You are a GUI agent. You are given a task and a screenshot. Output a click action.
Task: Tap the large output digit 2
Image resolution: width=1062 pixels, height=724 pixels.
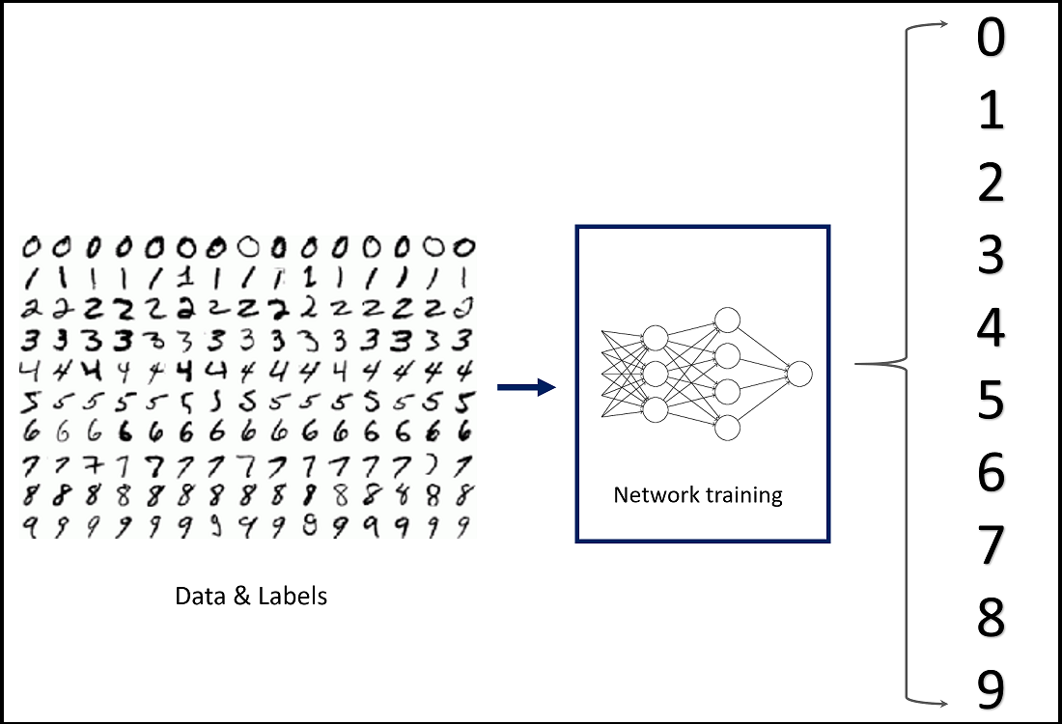click(991, 182)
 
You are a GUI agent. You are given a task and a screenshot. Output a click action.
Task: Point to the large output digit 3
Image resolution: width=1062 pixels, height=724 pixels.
click(991, 255)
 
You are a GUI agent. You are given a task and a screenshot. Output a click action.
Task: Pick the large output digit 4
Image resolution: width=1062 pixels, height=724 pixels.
click(991, 328)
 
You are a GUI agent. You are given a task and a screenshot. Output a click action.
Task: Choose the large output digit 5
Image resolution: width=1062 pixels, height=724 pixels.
click(991, 401)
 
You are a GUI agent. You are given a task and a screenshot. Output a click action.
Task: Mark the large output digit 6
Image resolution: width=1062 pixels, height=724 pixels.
click(991, 473)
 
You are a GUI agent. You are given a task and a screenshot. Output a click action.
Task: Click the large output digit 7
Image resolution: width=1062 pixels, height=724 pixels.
click(991, 545)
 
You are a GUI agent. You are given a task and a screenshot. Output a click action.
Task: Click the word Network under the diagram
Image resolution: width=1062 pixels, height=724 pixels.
click(657, 495)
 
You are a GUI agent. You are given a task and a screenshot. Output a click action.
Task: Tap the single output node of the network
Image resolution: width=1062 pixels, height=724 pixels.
click(799, 374)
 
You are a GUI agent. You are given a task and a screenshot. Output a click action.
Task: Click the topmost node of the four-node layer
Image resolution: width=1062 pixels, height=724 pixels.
click(727, 320)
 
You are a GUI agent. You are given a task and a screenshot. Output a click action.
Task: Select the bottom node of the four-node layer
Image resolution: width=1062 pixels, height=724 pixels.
click(727, 428)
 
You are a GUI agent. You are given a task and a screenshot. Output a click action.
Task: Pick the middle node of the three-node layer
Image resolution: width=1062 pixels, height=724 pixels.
click(656, 374)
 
